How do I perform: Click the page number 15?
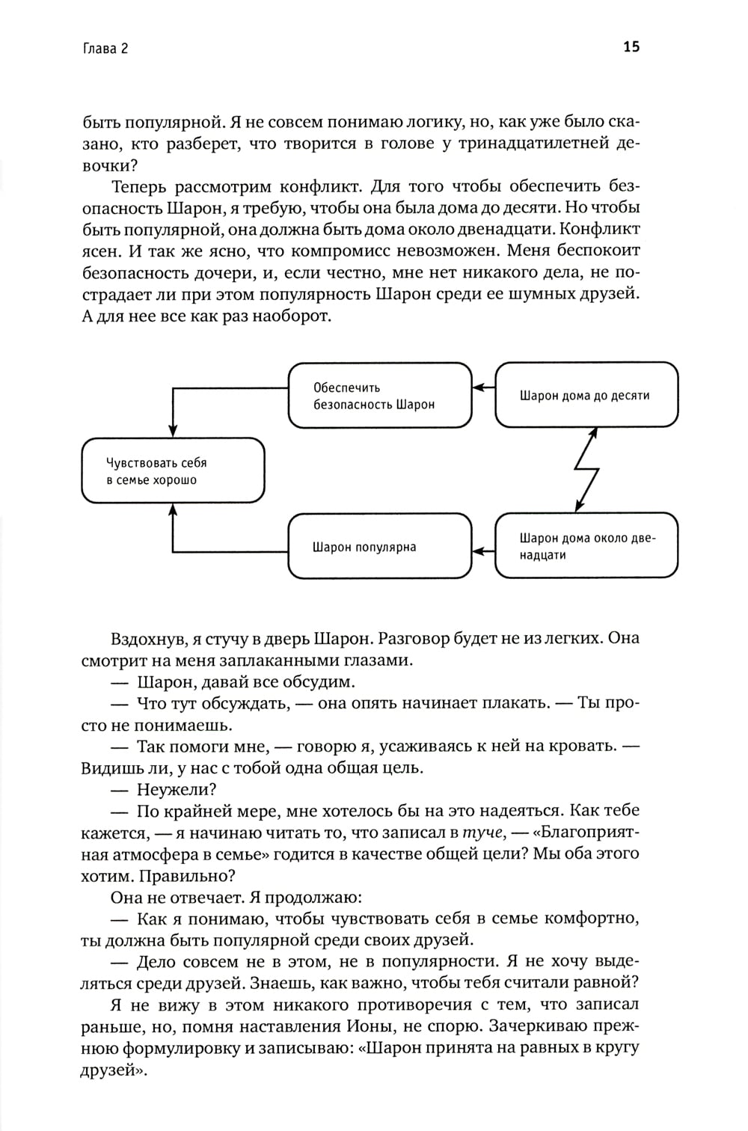coord(631,47)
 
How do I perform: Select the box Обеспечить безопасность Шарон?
coord(380,396)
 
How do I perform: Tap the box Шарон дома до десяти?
coord(586,395)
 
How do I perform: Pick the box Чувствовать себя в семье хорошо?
coord(173,471)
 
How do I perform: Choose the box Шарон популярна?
coord(380,547)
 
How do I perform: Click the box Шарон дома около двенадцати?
coord(586,546)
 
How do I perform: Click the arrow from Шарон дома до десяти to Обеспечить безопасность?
coord(484,387)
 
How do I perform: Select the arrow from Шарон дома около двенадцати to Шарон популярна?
coord(484,553)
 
